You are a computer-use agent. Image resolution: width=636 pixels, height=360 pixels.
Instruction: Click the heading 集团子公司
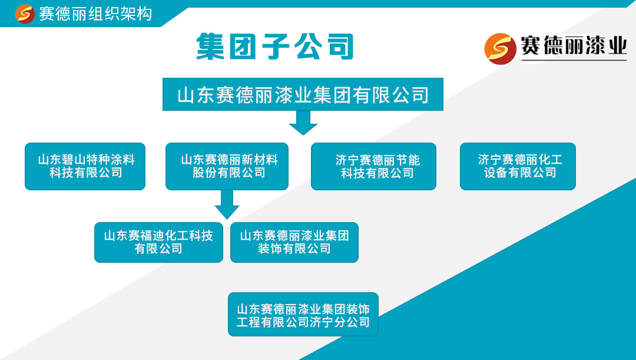coord(274,46)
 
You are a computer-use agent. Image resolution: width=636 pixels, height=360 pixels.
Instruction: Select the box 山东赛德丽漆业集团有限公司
coord(303,94)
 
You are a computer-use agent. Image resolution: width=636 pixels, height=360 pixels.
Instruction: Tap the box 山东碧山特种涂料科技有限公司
coord(85,166)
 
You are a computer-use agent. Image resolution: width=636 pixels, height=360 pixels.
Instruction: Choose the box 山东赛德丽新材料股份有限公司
coord(227,166)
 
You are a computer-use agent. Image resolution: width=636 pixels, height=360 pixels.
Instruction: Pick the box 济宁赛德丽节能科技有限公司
coord(373,166)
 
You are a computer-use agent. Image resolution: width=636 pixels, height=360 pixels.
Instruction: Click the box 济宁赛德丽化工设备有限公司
coord(518,166)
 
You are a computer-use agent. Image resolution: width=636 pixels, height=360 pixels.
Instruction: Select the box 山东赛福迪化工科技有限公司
coord(158,242)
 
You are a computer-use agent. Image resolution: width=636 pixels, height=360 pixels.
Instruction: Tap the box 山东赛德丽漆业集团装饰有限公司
coord(294,242)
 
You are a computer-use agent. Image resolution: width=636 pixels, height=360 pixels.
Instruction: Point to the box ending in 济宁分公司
coord(303,315)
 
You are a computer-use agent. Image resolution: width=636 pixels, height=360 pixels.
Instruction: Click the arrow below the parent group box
coord(303,122)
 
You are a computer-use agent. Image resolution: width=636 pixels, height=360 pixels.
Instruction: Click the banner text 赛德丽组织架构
coord(95,14)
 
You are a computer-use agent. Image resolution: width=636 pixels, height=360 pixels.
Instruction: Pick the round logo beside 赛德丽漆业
coord(500,48)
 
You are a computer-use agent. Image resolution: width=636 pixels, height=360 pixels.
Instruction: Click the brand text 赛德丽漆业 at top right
coord(574,47)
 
